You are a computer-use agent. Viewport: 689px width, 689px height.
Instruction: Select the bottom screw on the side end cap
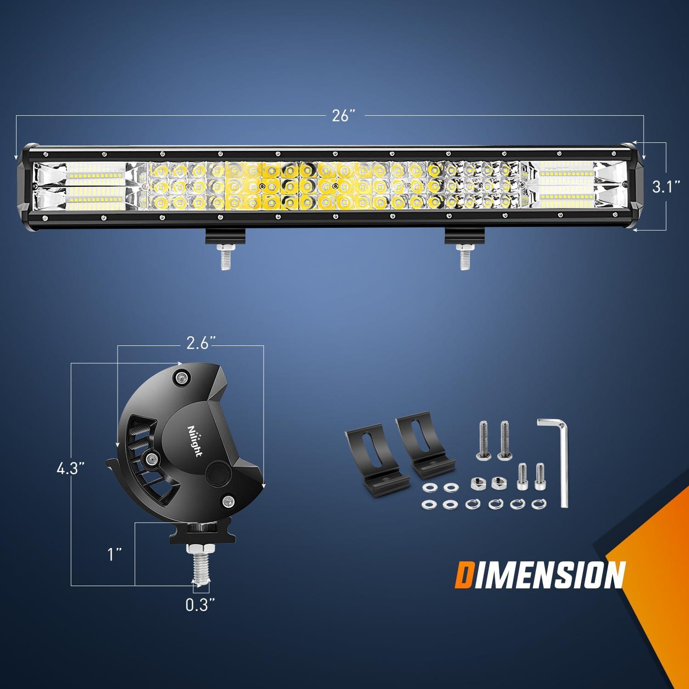point(227,500)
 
